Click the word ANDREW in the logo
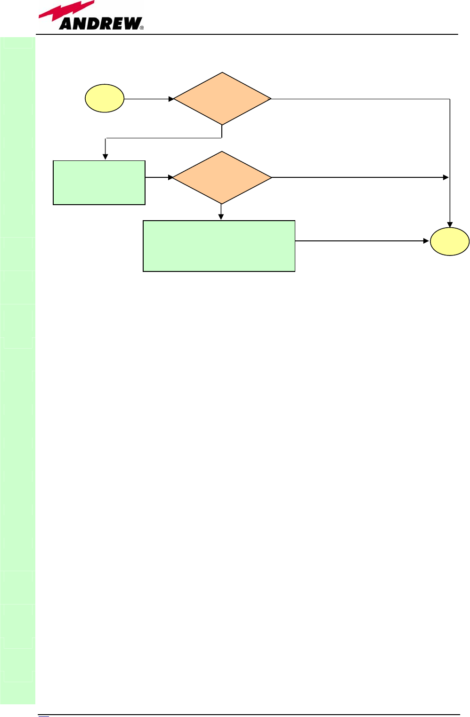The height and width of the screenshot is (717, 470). coord(100,24)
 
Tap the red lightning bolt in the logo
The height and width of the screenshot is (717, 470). coord(66,12)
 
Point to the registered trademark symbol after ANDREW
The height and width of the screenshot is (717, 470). coord(142,27)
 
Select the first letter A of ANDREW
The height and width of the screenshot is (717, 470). coord(66,24)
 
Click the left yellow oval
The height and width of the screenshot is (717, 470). coord(105,98)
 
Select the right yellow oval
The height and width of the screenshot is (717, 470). coord(450,242)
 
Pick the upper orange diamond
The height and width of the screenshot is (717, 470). coord(222,99)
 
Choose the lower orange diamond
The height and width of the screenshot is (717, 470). coord(222,177)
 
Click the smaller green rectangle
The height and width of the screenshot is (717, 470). coord(99,183)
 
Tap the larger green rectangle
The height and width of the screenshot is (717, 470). coord(219,246)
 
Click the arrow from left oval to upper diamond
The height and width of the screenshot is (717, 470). coord(149,99)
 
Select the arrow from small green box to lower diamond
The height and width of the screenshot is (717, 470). coord(159,177)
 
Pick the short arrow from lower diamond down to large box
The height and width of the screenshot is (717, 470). coord(221,212)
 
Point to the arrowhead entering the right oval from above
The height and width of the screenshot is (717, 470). coord(450,225)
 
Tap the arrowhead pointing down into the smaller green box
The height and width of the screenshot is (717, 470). coord(105,157)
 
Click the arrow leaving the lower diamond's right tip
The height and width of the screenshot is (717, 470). coord(360,177)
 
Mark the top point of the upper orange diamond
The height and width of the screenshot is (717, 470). coord(222,73)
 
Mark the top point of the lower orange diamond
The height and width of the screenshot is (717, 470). coord(222,152)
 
